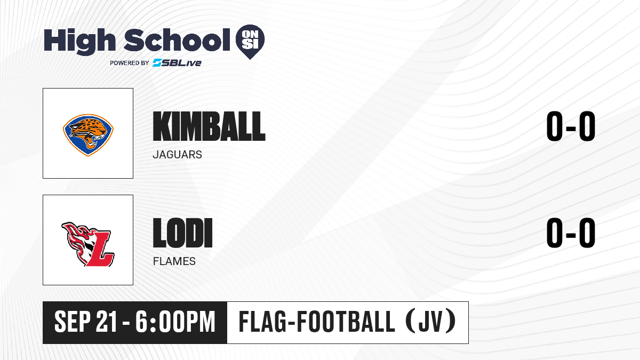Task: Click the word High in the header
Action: click(79, 41)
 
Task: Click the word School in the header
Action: click(177, 39)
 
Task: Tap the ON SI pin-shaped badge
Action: click(250, 42)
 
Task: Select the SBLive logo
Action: click(177, 62)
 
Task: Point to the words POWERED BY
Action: click(130, 63)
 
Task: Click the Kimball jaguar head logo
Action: click(88, 135)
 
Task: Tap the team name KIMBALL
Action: click(209, 126)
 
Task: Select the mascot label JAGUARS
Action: click(178, 155)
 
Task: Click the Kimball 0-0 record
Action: click(571, 126)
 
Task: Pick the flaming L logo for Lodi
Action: click(87, 244)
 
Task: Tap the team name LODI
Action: click(182, 233)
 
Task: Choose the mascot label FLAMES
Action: click(174, 261)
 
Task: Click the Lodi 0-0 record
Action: click(571, 233)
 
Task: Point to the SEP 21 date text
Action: click(86, 322)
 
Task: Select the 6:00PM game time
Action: click(175, 322)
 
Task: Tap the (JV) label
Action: click(431, 322)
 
